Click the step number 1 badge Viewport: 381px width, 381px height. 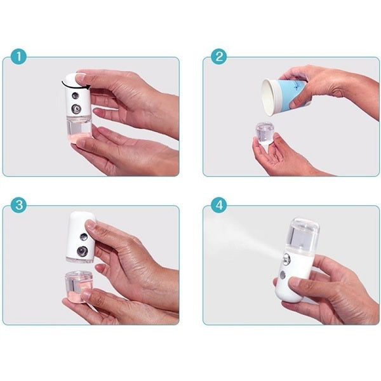pos(18,57)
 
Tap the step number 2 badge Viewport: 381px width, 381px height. pos(219,57)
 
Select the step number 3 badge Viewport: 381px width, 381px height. pos(18,205)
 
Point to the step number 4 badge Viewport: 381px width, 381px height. pos(219,205)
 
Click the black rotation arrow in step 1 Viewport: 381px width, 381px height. pos(75,86)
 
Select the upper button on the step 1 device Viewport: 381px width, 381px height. pos(76,96)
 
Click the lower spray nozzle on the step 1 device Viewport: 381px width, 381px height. pos(77,109)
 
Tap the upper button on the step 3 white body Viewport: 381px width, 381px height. pos(84,236)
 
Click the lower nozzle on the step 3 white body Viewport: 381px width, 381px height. pos(83,251)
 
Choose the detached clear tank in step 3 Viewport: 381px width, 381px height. pos(77,287)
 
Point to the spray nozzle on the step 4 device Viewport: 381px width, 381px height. pos(287,259)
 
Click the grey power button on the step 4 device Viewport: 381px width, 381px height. pos(283,275)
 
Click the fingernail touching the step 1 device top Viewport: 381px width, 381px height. pos(81,77)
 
